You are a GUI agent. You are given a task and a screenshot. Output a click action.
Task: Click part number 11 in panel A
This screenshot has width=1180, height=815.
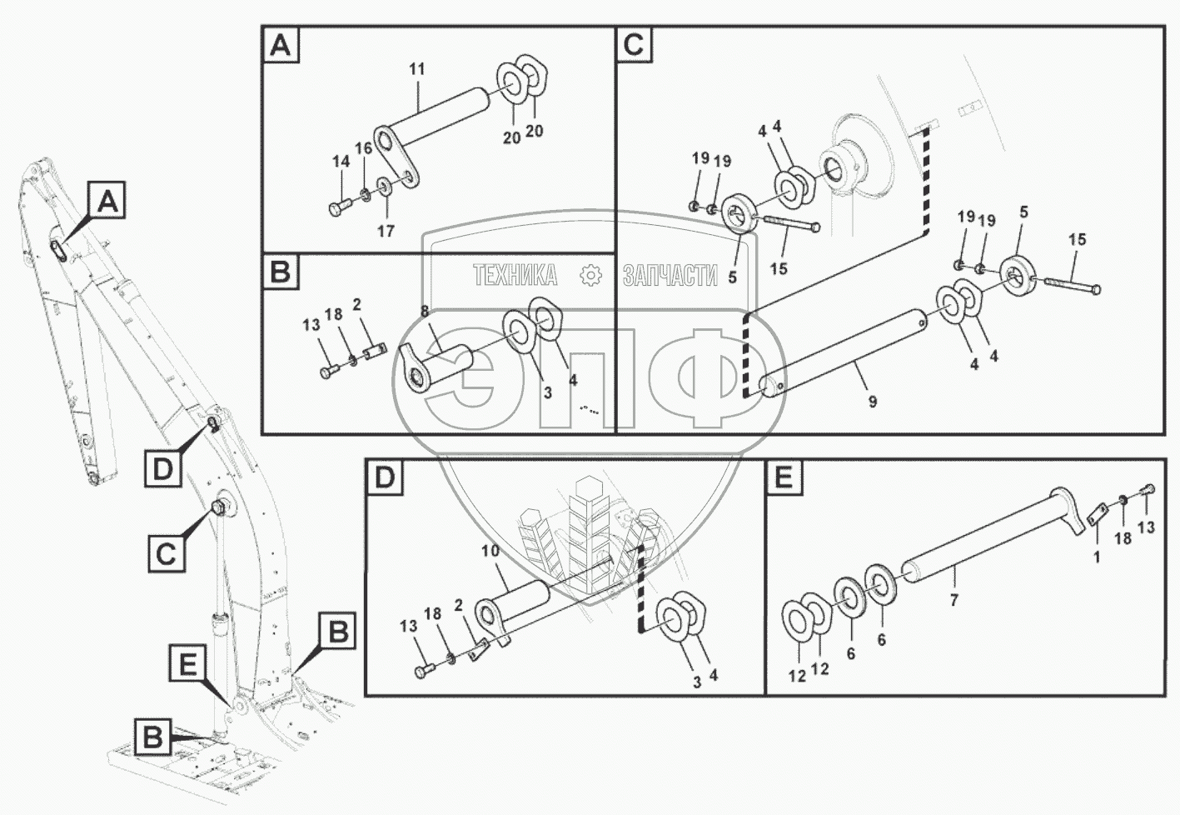pos(416,69)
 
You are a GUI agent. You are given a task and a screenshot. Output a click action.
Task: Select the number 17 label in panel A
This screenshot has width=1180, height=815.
pos(385,231)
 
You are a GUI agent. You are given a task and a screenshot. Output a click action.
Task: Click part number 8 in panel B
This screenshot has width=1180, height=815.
pos(424,311)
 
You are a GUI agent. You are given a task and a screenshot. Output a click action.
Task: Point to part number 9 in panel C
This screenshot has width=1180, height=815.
pos(872,402)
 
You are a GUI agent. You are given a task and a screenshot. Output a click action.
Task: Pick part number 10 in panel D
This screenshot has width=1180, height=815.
pos(491,551)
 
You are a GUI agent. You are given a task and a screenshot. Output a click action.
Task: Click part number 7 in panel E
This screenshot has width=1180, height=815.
pos(954,599)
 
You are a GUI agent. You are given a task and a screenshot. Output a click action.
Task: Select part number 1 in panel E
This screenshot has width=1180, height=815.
pos(1097,557)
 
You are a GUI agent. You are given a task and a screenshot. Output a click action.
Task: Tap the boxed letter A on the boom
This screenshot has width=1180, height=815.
pos(108,202)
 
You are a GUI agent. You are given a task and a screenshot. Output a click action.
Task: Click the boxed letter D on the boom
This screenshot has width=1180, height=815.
pos(162,469)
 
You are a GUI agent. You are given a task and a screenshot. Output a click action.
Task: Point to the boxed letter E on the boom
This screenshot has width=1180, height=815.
pos(188,664)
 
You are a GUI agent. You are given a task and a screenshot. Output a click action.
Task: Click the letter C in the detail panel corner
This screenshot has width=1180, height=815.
pos(633,45)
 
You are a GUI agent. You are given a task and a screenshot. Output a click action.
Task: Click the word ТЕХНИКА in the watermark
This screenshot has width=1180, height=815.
pos(515,274)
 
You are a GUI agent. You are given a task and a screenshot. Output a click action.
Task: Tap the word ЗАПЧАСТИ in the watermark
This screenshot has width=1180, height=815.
pos(670,274)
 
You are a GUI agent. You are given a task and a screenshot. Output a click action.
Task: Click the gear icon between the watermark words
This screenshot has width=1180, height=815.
pos(590,274)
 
